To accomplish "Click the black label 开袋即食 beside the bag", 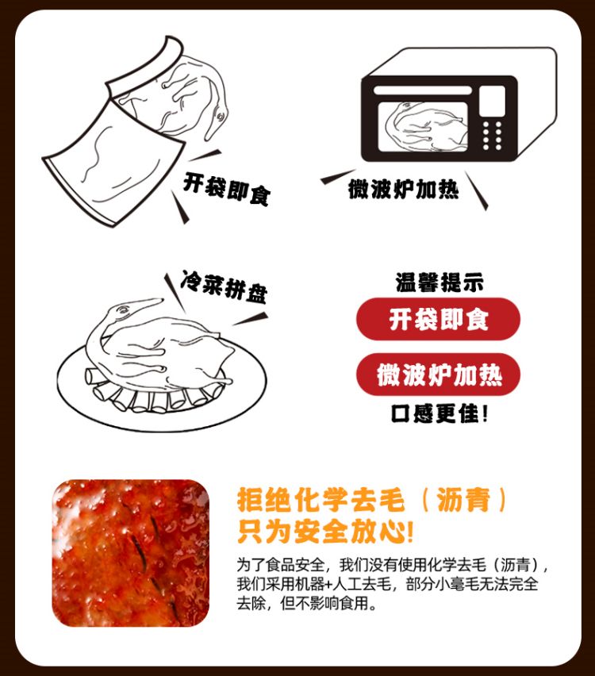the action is tap(227, 189).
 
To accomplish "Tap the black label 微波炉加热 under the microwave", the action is tap(404, 189).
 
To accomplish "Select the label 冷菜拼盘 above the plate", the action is tap(225, 286).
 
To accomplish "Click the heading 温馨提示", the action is tap(440, 282).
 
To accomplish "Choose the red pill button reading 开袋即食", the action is tap(438, 319).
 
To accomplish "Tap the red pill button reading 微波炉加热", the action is tap(438, 374).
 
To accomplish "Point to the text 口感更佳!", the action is tap(440, 413).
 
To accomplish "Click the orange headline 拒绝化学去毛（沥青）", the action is tap(371, 500).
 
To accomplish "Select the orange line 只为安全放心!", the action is tap(325, 531).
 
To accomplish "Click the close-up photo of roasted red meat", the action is tap(131, 553).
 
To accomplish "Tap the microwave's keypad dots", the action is tap(492, 136).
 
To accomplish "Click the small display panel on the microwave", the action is tap(492, 101).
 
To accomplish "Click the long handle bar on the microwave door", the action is tap(423, 90).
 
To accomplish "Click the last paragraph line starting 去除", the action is tap(306, 603).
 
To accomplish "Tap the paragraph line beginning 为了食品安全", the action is tap(393, 564).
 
